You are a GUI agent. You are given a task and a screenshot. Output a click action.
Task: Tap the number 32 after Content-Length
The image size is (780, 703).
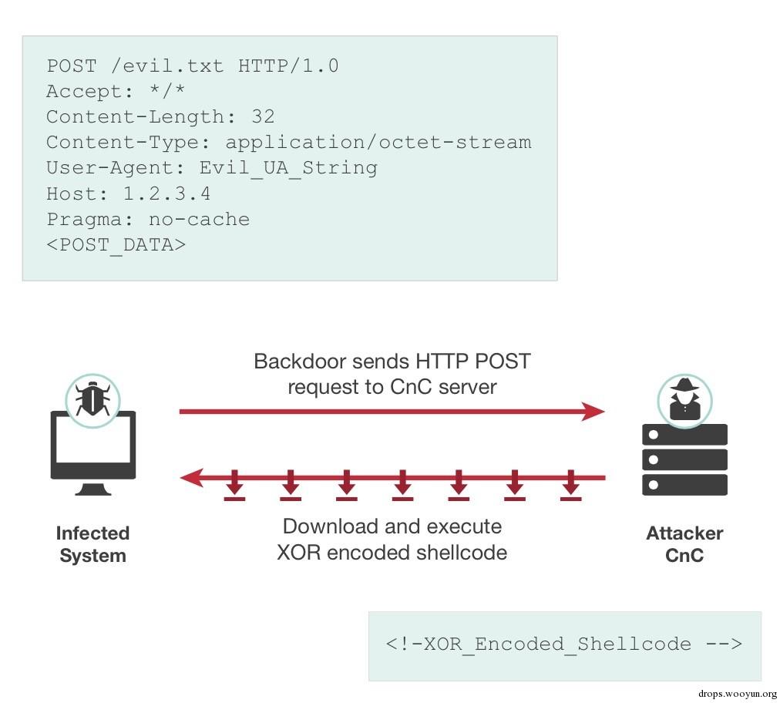[263, 117]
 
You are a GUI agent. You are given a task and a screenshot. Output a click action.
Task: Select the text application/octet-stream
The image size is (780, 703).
[378, 143]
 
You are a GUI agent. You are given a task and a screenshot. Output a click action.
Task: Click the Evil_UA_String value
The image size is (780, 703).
[288, 168]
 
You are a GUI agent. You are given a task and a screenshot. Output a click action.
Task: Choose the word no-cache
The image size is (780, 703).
[199, 219]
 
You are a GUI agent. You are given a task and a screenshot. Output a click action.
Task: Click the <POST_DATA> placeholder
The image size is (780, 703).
[116, 244]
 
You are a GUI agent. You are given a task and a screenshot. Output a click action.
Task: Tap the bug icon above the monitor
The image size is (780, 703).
[92, 398]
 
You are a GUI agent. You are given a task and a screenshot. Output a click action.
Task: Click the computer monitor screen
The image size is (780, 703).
[93, 441]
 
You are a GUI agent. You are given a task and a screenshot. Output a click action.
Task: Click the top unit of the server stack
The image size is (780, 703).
[684, 434]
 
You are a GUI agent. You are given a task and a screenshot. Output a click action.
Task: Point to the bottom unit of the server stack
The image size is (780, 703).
[684, 485]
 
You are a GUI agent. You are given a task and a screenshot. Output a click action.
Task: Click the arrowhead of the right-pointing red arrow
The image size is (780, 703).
[594, 412]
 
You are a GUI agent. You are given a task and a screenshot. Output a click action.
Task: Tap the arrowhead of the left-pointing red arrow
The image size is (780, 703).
[190, 478]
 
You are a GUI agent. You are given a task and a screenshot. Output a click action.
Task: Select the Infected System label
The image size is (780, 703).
[92, 544]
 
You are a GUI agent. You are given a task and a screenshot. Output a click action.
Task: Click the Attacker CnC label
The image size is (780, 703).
[684, 544]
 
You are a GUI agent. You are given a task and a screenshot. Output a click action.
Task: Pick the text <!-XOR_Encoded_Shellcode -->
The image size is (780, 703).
[563, 644]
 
